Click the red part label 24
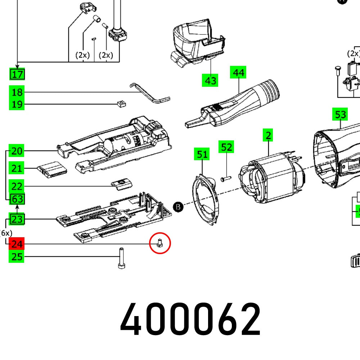pyautogui.click(x=17, y=244)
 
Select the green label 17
pyautogui.click(x=17, y=75)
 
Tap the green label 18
pyautogui.click(x=17, y=92)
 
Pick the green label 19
pyautogui.click(x=17, y=105)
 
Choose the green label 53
pyautogui.click(x=340, y=115)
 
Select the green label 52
pyautogui.click(x=226, y=147)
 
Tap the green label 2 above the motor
pyautogui.click(x=268, y=136)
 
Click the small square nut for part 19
pyautogui.click(x=121, y=104)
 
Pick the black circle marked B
pyautogui.click(x=178, y=207)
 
